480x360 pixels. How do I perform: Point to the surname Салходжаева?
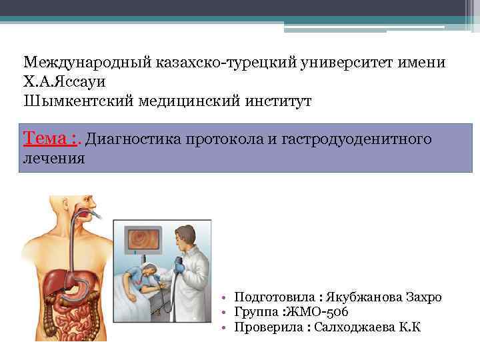(x=353, y=327)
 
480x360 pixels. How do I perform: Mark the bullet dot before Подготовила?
(x=227, y=298)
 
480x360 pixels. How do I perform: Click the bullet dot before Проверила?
(x=227, y=328)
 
